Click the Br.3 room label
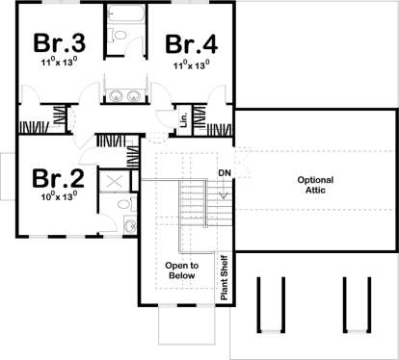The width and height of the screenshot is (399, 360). (60, 42)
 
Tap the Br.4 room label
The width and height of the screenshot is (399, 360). (192, 44)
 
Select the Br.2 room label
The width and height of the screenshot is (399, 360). (58, 178)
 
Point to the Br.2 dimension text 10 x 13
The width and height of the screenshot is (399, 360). (59, 195)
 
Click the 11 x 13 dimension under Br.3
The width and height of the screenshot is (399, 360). (59, 62)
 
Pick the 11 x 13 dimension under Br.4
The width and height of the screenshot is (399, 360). (192, 64)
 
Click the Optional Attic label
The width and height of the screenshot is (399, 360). (315, 185)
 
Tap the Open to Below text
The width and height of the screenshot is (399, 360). (182, 270)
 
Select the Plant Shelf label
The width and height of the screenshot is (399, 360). (225, 278)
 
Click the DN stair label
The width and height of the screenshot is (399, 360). (225, 173)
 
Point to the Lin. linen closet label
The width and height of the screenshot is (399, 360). (184, 119)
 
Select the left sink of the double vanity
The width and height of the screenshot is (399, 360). (115, 95)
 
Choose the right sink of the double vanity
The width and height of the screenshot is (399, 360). (133, 95)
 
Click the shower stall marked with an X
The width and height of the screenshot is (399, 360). (114, 182)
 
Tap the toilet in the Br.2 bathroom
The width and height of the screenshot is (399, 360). (126, 204)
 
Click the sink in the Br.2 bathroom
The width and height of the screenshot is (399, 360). (130, 225)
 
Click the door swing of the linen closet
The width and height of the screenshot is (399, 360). (163, 116)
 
